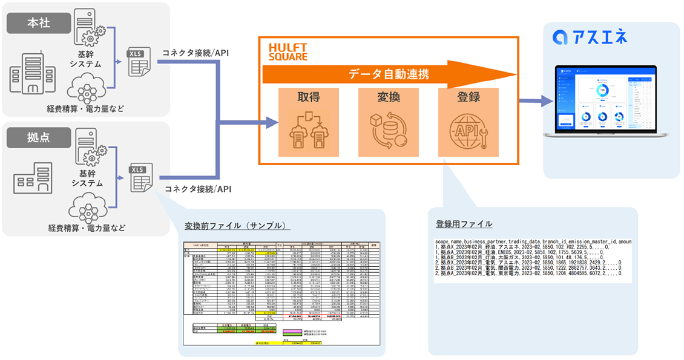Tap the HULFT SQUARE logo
(x=288, y=52)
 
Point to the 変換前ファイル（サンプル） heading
(x=234, y=226)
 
